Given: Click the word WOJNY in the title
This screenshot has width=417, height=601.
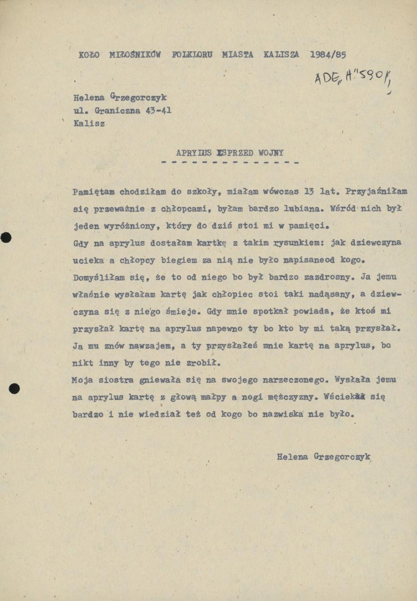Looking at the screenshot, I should click(x=271, y=153).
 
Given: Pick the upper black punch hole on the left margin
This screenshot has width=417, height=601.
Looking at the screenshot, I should click(x=5, y=238).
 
